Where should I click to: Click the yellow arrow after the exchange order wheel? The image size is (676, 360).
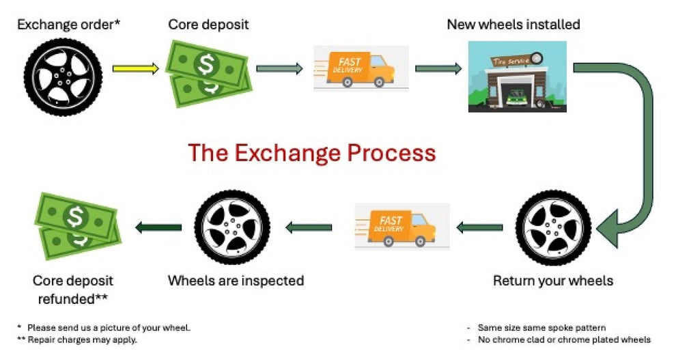pos(135,68)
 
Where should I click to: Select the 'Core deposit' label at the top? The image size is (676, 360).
pos(208,25)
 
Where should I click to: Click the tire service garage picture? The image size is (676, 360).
pos(517,77)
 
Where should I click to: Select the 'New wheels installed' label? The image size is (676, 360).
pos(513,25)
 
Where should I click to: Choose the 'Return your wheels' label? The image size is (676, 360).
pos(553,281)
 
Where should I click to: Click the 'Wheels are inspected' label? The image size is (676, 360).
pos(236,281)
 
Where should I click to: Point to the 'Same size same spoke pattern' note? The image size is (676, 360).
pos(541,328)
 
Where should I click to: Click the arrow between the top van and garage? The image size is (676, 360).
pos(438,68)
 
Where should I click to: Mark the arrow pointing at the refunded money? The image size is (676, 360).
pos(158,227)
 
